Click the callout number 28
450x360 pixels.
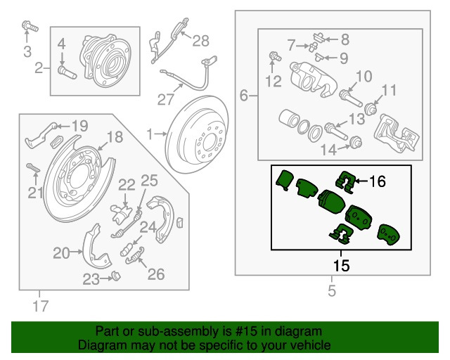click(200, 41)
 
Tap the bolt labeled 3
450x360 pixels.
click(30, 27)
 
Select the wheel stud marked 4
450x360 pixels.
click(67, 72)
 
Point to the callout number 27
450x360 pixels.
click(166, 100)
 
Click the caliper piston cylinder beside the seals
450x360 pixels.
click(289, 119)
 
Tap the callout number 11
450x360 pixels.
click(389, 90)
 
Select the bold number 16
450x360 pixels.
click(377, 181)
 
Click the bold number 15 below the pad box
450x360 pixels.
click(341, 266)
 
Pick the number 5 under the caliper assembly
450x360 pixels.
click(331, 291)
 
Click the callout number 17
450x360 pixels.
click(41, 306)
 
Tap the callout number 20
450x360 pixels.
click(61, 253)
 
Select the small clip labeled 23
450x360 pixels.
click(116, 276)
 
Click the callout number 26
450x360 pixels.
click(156, 274)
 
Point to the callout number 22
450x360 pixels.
click(127, 185)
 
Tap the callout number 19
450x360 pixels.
click(79, 126)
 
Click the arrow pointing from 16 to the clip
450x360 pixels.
click(361, 181)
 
